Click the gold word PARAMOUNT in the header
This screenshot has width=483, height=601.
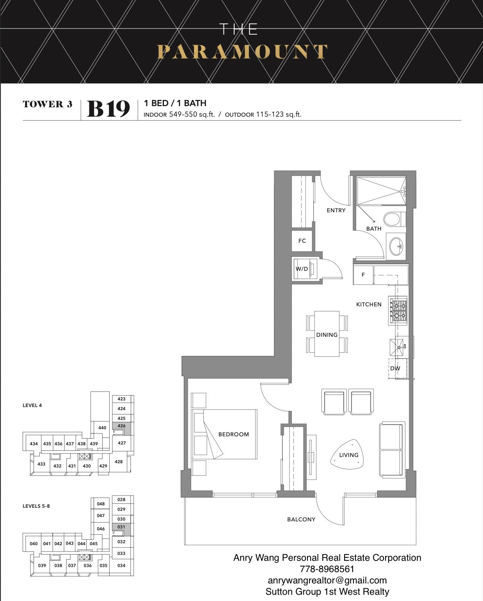(242, 52)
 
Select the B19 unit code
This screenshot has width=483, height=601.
(108, 109)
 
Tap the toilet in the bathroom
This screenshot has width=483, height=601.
(394, 219)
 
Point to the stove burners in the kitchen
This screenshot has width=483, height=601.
(399, 310)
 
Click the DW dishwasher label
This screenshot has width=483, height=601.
(395, 368)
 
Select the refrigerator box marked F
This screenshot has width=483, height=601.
(363, 275)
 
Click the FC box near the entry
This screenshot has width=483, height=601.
(302, 241)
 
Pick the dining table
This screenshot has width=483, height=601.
(327, 334)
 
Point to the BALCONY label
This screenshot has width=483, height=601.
(301, 519)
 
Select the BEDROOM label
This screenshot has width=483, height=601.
(234, 434)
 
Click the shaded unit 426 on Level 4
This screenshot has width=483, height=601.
(121, 428)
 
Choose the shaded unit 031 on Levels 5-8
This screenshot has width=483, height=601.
(121, 529)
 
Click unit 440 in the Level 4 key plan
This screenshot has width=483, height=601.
(102, 428)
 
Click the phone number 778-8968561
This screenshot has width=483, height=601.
(327, 569)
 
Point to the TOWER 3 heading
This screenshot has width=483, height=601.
(48, 104)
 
